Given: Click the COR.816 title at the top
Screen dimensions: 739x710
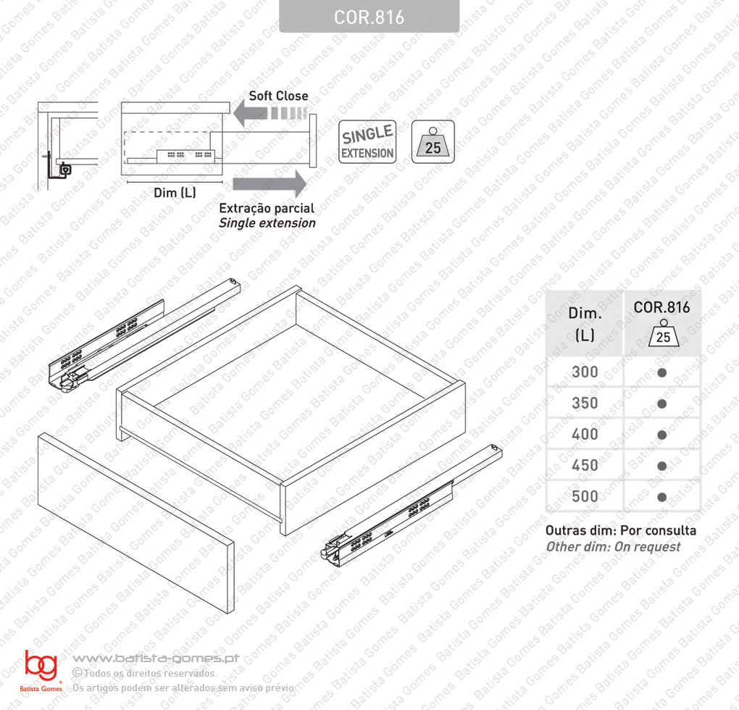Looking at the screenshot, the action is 369,17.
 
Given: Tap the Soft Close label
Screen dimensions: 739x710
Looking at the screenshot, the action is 278,96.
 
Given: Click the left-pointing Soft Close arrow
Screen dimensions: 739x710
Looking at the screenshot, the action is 270,113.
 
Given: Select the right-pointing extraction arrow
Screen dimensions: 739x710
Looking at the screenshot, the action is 270,184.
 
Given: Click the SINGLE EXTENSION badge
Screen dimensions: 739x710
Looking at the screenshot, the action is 367,142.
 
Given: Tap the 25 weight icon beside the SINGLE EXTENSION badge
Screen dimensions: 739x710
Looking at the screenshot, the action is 433,142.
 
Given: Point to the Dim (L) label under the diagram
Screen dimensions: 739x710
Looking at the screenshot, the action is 175,193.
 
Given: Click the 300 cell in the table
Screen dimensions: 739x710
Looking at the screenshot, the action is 585,372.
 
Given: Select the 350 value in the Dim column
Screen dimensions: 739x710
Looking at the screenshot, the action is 585,404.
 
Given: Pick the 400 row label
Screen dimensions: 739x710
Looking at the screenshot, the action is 585,435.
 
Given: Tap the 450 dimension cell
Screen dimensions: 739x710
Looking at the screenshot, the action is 585,465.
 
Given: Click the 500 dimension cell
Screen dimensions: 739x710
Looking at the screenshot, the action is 585,496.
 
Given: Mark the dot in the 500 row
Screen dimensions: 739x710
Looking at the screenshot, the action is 661,497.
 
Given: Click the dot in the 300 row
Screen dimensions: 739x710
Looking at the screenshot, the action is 661,372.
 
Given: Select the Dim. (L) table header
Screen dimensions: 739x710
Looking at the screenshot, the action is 585,324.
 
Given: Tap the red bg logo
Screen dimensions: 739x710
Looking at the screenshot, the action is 41,665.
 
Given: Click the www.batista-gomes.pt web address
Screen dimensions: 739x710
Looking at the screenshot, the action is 156,658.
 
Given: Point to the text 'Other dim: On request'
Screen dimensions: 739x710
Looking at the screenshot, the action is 613,547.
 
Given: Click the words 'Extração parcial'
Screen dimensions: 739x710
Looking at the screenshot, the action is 267,208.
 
